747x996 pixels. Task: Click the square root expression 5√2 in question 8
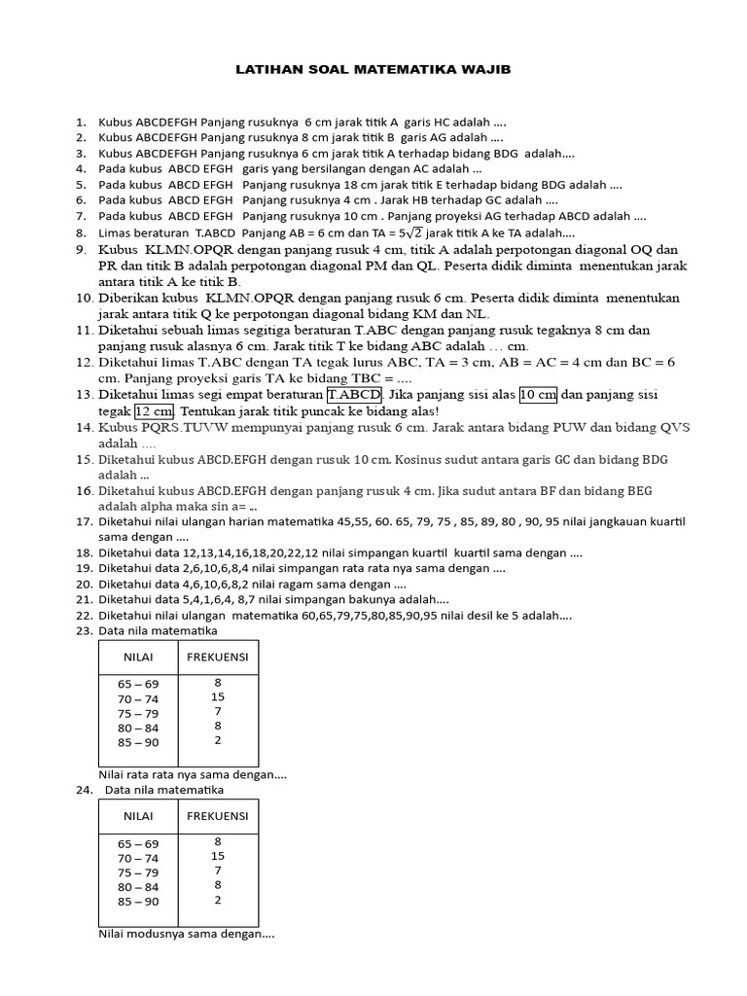tap(395, 232)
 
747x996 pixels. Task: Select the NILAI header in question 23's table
tap(138, 657)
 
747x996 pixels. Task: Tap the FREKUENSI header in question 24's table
tap(217, 815)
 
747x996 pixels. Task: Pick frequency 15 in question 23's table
tap(217, 697)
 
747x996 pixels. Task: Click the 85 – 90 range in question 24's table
tap(138, 901)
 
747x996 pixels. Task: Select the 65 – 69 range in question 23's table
tap(138, 684)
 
